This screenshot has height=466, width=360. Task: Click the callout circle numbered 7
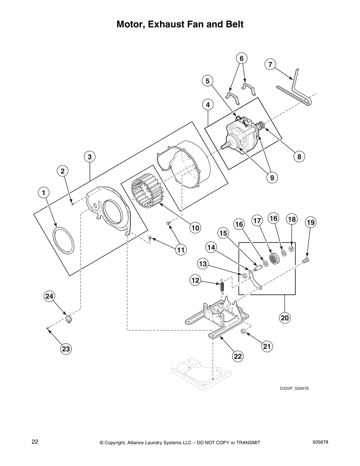[x=270, y=64]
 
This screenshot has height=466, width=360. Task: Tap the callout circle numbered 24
[x=49, y=296]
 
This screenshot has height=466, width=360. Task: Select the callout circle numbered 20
[x=285, y=318]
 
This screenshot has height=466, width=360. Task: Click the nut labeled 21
[x=243, y=331]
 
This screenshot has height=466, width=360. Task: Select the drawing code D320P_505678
[x=294, y=389]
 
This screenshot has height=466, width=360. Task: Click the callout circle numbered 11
[x=180, y=250]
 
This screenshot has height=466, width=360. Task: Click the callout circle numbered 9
[x=272, y=178]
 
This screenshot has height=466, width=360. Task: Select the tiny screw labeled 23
[x=47, y=328]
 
